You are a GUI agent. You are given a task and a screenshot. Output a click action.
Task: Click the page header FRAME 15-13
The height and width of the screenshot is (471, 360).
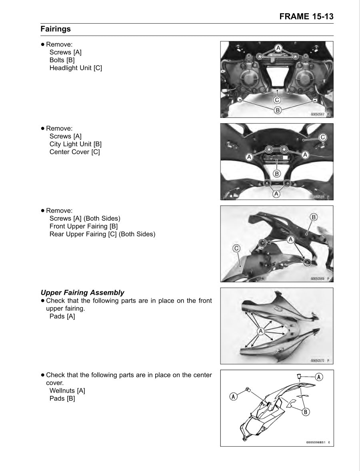(306, 16)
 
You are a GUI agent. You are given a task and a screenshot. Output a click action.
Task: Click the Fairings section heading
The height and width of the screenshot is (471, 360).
(56, 29)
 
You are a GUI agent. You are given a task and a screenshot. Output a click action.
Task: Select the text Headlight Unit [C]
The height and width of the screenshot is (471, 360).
(76, 68)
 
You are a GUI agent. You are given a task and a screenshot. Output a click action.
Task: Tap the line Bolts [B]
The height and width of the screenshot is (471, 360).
(62, 60)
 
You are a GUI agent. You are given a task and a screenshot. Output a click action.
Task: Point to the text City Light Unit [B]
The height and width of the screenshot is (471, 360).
(75, 144)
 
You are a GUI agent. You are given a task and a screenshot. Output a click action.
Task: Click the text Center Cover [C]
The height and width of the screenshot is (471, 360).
(74, 152)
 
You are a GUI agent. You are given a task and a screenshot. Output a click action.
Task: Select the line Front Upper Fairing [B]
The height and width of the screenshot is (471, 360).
(83, 226)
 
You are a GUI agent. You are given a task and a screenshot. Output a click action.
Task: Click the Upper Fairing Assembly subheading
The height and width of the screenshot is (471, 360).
(82, 293)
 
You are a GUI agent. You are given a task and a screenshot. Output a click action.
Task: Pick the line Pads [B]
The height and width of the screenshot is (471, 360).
(62, 399)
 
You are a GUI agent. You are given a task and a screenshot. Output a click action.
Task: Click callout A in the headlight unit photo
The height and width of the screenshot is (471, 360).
(278, 48)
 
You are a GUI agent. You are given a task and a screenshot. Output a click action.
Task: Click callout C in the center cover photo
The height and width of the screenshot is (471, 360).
(323, 138)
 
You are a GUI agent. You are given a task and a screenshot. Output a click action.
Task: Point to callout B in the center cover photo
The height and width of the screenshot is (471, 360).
(276, 174)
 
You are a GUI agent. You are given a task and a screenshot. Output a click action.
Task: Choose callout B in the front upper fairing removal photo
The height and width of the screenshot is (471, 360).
(314, 217)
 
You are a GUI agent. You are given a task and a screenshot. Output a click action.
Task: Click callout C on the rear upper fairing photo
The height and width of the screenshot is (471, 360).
(236, 249)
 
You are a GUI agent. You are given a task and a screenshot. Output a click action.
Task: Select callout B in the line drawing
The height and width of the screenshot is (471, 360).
(306, 411)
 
